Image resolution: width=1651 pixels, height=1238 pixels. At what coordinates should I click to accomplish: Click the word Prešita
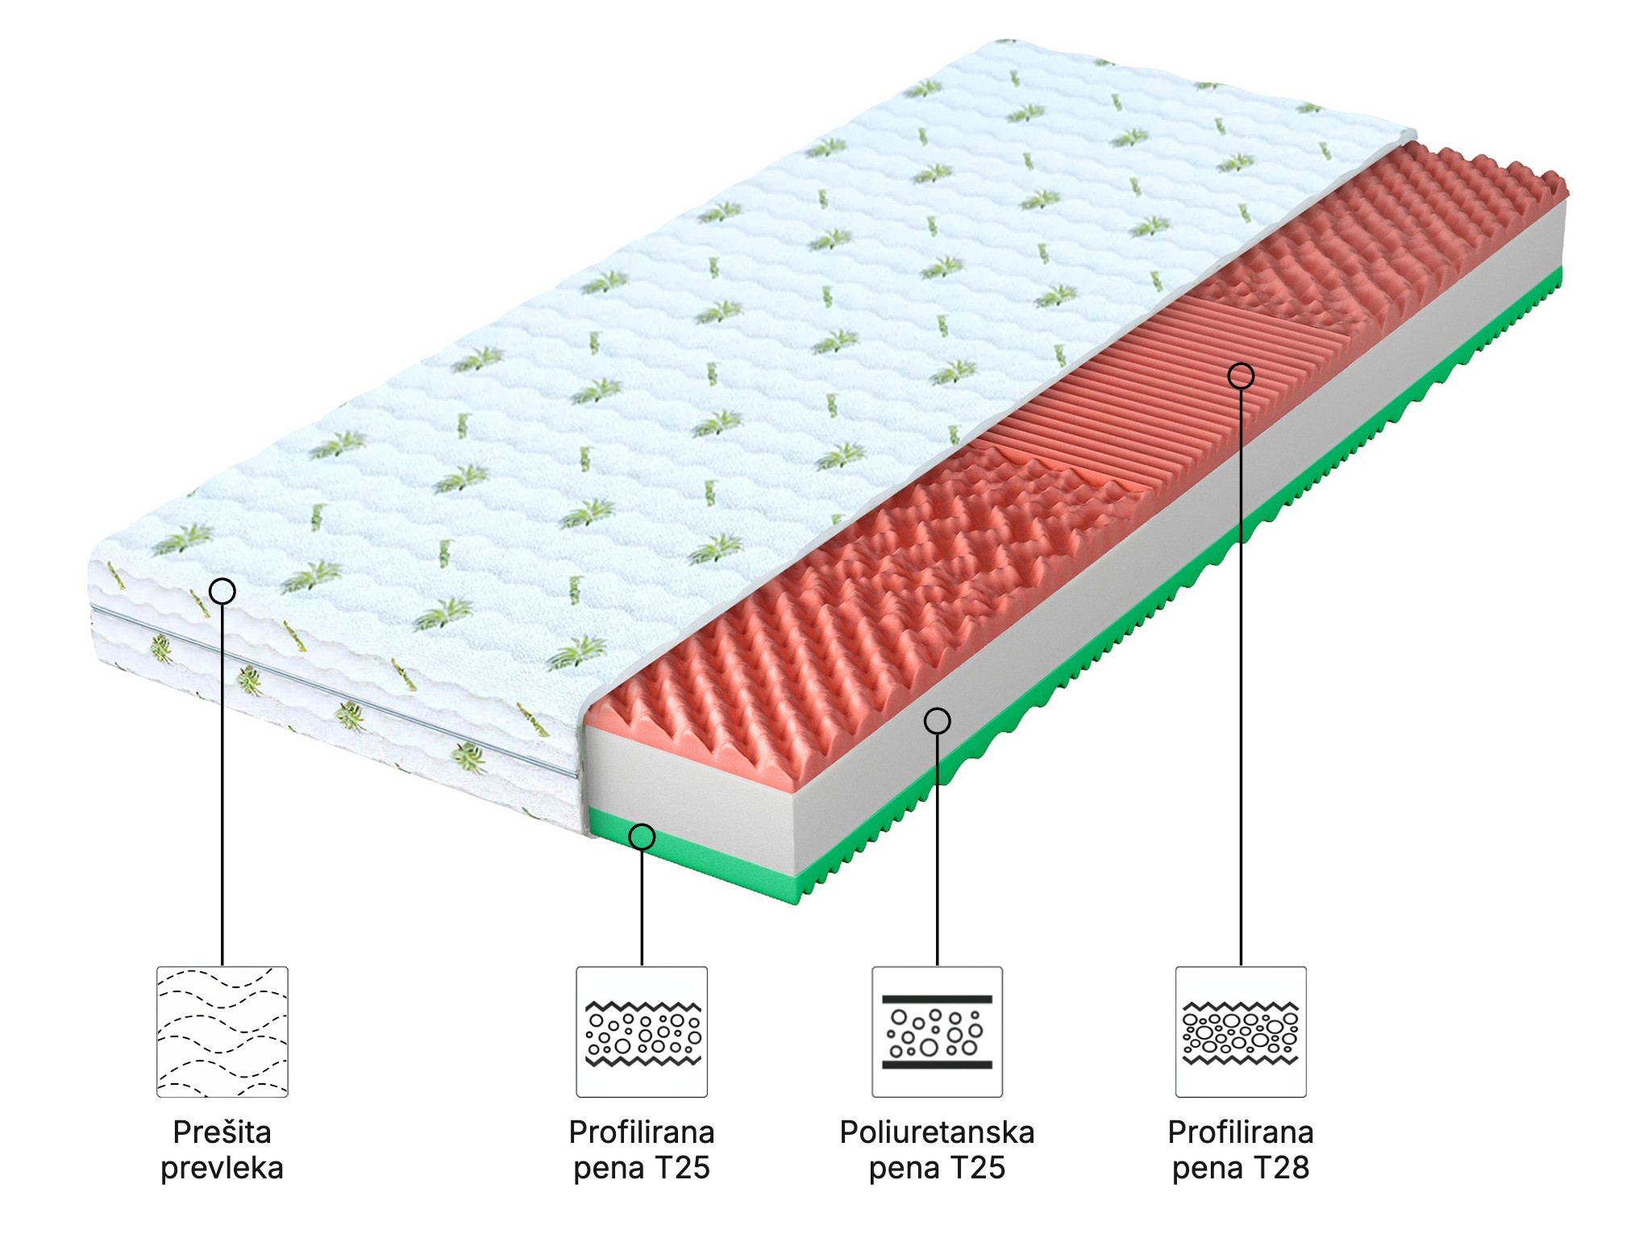[x=222, y=1133]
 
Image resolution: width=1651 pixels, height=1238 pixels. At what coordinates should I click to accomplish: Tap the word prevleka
[x=222, y=1169]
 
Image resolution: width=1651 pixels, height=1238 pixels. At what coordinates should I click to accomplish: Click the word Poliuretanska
[x=937, y=1132]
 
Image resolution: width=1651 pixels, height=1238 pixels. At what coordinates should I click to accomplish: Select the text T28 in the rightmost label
[x=1281, y=1168]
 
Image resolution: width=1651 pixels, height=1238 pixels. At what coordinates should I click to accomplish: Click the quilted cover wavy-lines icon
[x=222, y=1032]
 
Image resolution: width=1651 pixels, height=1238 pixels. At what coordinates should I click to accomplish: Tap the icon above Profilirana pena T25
[x=642, y=1032]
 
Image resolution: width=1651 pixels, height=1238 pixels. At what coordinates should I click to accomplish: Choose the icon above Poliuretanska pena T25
[x=937, y=1032]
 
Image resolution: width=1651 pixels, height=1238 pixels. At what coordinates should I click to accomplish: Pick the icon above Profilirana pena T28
[x=1241, y=1032]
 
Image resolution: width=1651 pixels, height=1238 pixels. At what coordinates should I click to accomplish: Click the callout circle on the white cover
[x=222, y=592]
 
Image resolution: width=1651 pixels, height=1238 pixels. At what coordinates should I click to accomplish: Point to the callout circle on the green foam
[x=642, y=837]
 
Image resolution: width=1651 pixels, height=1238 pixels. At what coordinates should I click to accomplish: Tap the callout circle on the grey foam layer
[x=937, y=721]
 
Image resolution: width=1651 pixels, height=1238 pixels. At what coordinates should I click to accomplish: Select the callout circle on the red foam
[x=1241, y=376]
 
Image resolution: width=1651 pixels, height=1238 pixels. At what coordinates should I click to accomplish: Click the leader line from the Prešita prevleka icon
[x=222, y=785]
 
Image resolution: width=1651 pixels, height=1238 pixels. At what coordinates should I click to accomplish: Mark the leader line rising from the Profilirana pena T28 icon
[x=1241, y=677]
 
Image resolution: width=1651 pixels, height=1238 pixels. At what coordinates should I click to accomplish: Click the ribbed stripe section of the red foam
[x=1161, y=387]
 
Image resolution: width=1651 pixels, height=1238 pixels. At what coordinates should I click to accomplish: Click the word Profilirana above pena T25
[x=642, y=1132]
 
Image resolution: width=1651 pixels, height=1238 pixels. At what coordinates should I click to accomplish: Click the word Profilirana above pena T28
[x=1241, y=1132]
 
